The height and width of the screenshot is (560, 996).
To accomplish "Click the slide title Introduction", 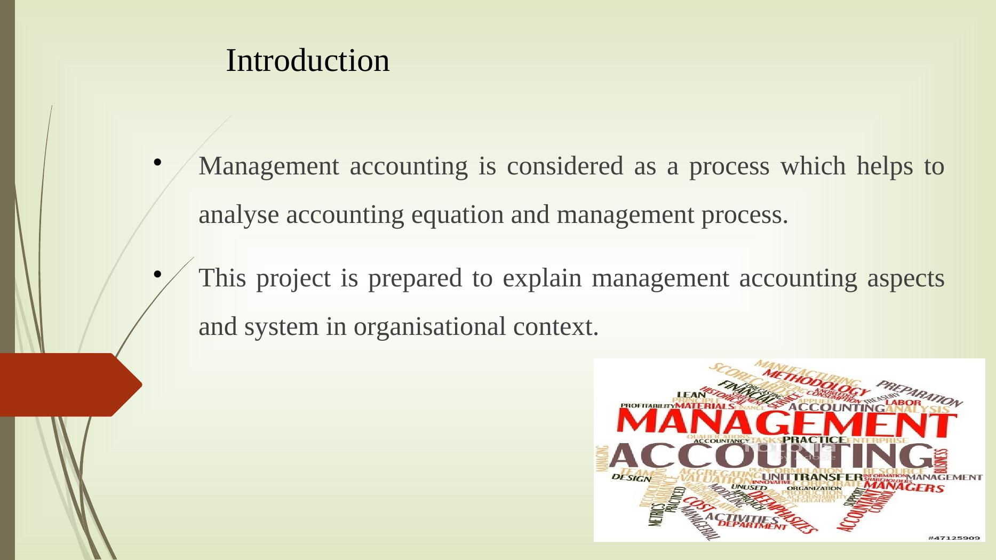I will (x=308, y=60).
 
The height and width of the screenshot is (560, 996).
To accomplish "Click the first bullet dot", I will (x=157, y=162).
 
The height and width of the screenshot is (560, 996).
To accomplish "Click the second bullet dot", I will (x=157, y=274).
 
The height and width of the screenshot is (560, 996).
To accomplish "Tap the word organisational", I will (x=429, y=327).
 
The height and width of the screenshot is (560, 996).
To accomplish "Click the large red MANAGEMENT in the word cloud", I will (x=785, y=425).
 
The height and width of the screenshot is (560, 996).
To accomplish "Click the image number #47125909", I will (x=954, y=538).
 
